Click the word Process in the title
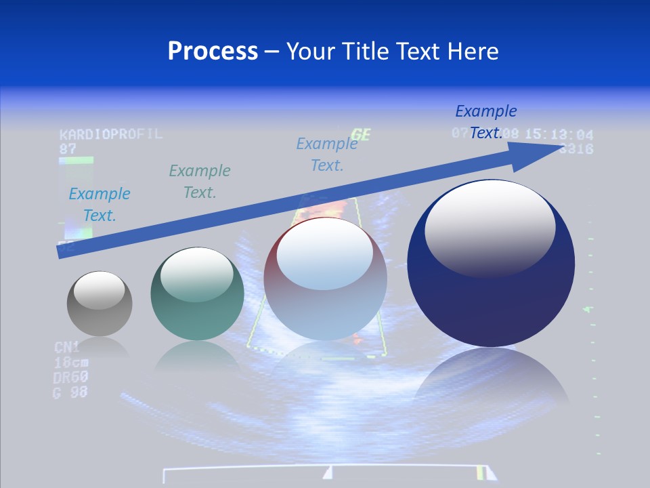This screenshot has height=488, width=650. pos(213,52)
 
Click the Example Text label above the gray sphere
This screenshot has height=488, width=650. pos(100,205)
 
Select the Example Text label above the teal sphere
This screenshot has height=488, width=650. pos(200,182)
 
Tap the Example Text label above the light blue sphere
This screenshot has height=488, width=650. pos(327,154)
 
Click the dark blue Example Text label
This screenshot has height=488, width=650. pos(486,122)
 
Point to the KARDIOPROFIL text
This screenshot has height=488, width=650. pos(111,134)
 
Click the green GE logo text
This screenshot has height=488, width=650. pos(360,135)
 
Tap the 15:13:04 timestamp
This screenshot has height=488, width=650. pos(559,135)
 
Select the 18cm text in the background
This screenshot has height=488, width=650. pos(71,363)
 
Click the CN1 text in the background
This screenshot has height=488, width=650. pos(67,348)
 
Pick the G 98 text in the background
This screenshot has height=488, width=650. pos(70,392)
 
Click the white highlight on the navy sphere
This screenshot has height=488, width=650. pos(490,227)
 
